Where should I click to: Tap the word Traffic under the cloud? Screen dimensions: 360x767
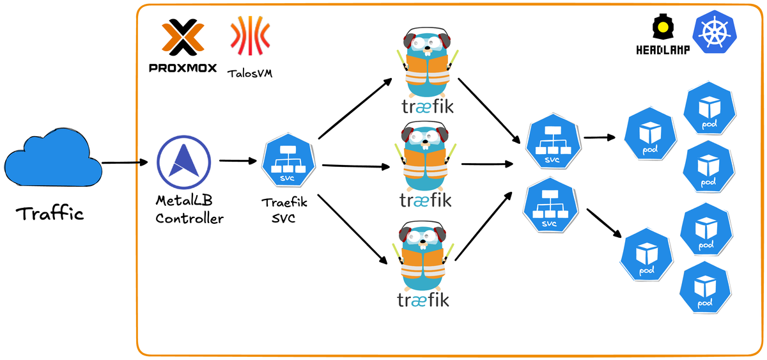(50, 214)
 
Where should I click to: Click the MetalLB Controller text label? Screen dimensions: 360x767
(189, 210)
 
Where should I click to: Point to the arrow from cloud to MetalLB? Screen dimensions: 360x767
(128, 162)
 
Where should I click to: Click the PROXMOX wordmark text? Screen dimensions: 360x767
(183, 68)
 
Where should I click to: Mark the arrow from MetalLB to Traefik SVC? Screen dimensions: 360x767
(238, 161)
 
